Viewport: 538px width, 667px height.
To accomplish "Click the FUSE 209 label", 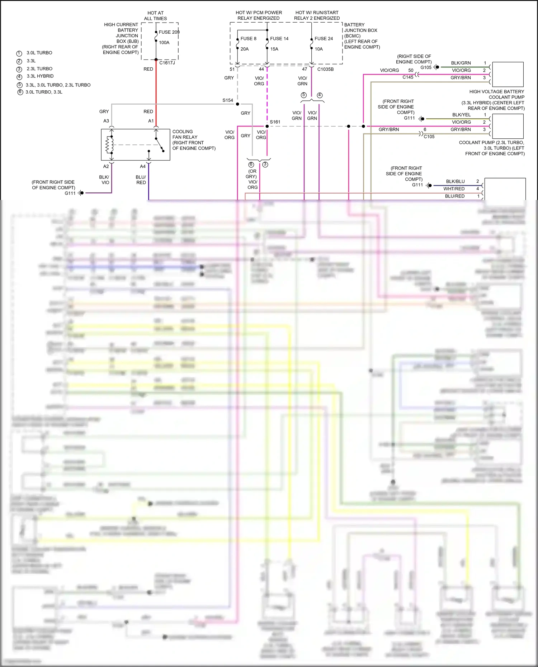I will [169, 32].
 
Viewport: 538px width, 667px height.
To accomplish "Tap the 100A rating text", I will [164, 43].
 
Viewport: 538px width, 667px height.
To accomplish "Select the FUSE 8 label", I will [248, 39].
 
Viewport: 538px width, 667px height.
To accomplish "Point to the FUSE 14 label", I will [279, 39].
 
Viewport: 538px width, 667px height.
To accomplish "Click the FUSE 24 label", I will [324, 39].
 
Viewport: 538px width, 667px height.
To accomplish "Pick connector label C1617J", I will [167, 63].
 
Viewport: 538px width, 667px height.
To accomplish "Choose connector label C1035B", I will [325, 69].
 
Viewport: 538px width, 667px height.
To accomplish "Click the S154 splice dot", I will [237, 104].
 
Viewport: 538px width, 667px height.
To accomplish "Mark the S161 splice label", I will [275, 122].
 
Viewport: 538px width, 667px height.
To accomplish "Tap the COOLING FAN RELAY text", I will [185, 134].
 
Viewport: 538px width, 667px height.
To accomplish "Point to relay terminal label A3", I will [106, 121].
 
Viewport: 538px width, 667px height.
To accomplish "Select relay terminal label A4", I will [143, 166].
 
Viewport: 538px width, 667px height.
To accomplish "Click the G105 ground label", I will [426, 67].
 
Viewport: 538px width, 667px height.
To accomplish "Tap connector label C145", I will [408, 77].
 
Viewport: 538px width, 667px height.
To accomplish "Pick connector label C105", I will [429, 137].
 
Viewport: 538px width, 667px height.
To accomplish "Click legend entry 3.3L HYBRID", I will [40, 76].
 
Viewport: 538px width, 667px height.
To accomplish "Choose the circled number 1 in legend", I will [19, 53].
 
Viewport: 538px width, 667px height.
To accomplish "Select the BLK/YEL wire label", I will [461, 115].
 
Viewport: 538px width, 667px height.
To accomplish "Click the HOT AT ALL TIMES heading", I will [156, 16].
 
